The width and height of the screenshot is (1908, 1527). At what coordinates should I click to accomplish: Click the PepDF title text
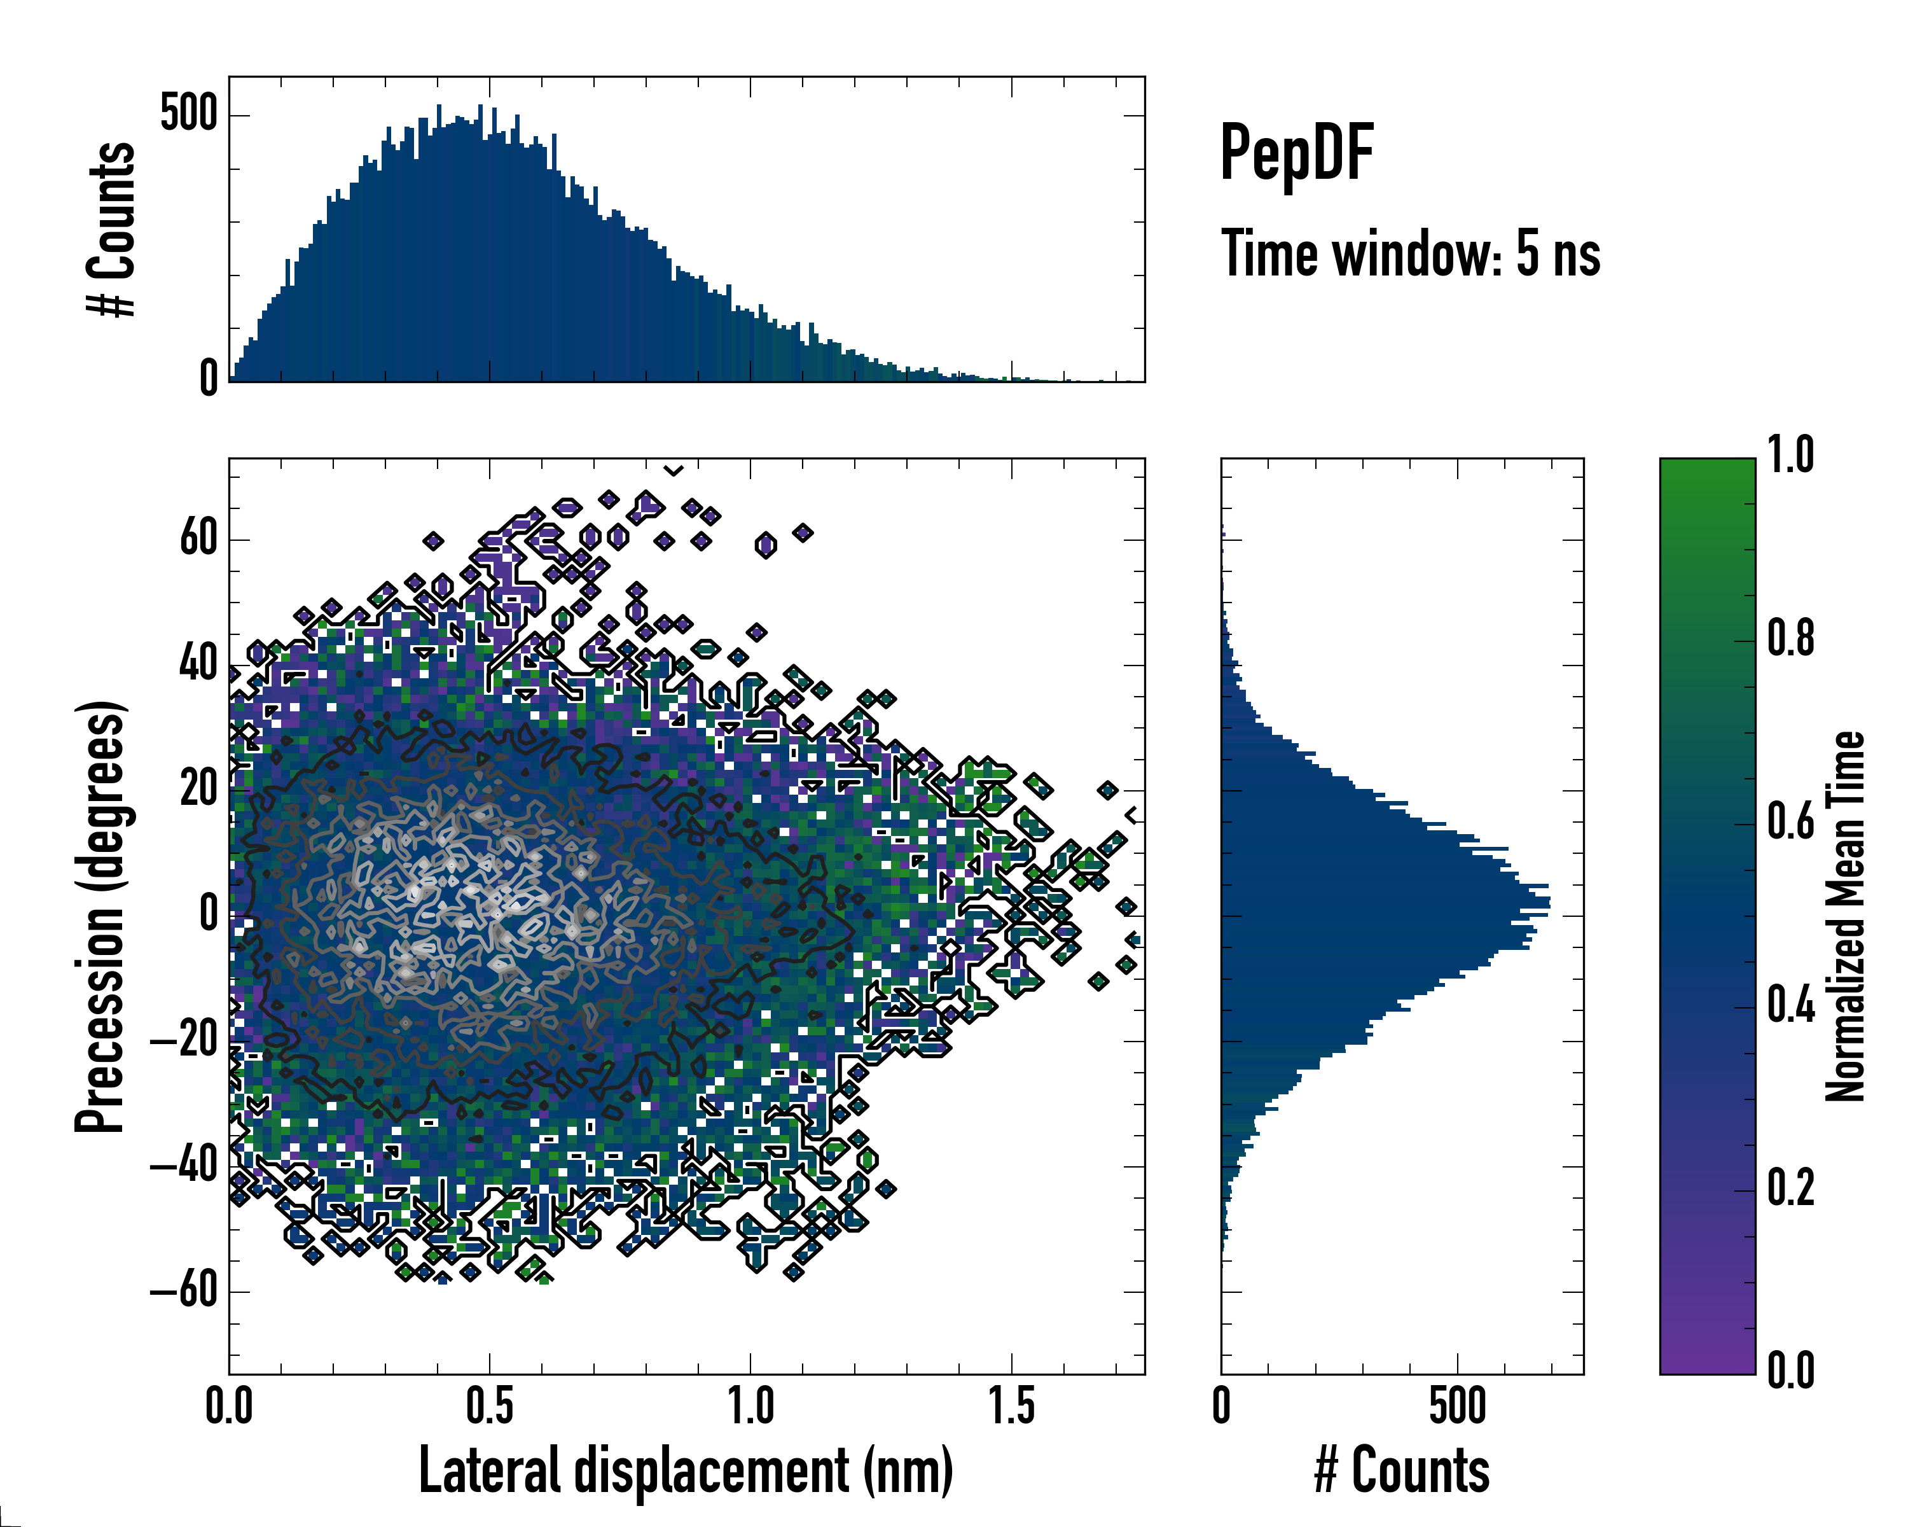pos(1296,154)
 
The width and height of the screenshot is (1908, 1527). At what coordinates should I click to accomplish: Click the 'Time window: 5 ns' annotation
pos(1410,254)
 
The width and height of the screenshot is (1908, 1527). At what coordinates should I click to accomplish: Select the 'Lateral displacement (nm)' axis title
pos(686,1470)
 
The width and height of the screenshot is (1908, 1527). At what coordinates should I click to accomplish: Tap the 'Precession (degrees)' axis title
pos(100,916)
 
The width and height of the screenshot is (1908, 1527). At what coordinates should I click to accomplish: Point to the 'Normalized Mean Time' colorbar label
pos(1845,916)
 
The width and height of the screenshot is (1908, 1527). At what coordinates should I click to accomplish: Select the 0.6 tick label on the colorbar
pos(1790,821)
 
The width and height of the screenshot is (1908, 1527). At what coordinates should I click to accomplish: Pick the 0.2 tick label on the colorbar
pos(1790,1188)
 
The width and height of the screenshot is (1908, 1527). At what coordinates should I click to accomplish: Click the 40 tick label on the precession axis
pos(199,663)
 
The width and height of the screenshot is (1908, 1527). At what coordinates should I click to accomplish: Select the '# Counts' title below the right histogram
pos(1402,1470)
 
